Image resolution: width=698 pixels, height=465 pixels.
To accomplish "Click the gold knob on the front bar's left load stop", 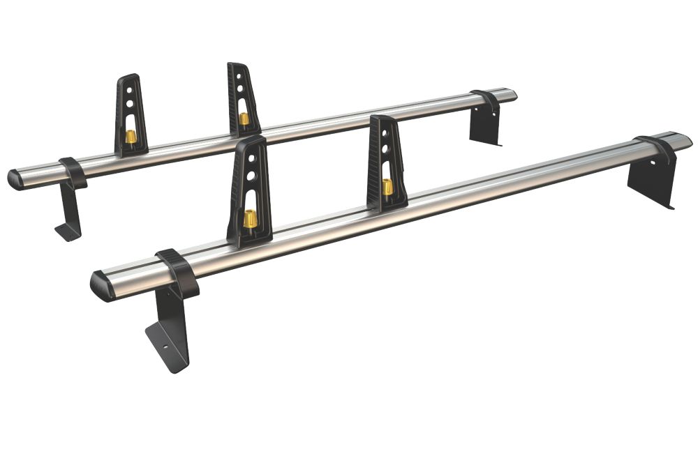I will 250,220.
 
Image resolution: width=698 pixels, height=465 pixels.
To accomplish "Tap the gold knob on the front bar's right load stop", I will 387,187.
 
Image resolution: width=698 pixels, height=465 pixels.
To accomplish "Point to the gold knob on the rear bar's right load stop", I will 244,119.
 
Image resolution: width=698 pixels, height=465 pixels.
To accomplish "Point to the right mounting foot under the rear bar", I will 484,125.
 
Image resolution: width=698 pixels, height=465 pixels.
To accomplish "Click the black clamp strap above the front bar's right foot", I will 658,148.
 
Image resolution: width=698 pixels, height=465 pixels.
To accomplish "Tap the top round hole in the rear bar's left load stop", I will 131,91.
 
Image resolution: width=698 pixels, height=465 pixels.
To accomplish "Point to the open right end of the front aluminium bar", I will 684,140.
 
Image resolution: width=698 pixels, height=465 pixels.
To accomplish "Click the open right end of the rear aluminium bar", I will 511,94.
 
